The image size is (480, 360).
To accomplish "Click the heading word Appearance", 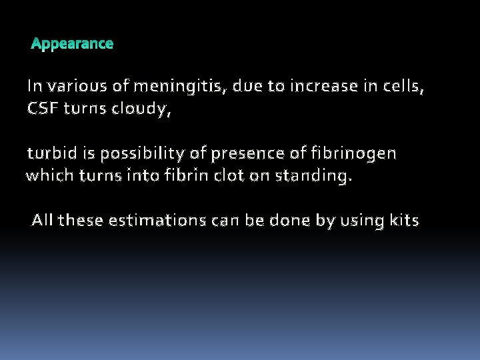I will [72, 44].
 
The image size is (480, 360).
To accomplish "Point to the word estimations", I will [155, 221].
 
